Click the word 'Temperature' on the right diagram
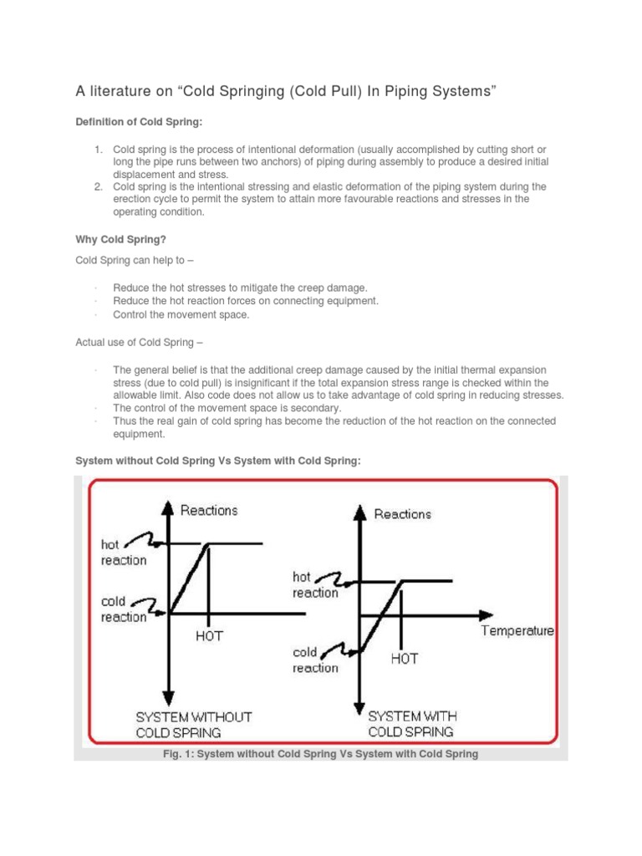pyautogui.click(x=517, y=631)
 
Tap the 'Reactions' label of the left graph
pyautogui.click(x=209, y=510)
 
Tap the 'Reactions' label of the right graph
pyautogui.click(x=402, y=514)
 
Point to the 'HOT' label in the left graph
pyautogui.click(x=210, y=635)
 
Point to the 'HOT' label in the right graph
pyautogui.click(x=404, y=659)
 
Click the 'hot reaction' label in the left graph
pyautogui.click(x=123, y=553)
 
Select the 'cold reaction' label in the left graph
pyautogui.click(x=124, y=609)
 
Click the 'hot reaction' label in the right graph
pyautogui.click(x=315, y=585)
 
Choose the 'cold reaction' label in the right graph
pyautogui.click(x=315, y=660)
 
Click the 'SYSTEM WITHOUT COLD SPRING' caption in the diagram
pyautogui.click(x=194, y=725)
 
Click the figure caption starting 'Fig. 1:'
pyautogui.click(x=320, y=754)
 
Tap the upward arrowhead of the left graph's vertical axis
pyautogui.click(x=169, y=507)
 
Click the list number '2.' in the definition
pyautogui.click(x=98, y=186)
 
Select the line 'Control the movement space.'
pyautogui.click(x=181, y=315)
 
